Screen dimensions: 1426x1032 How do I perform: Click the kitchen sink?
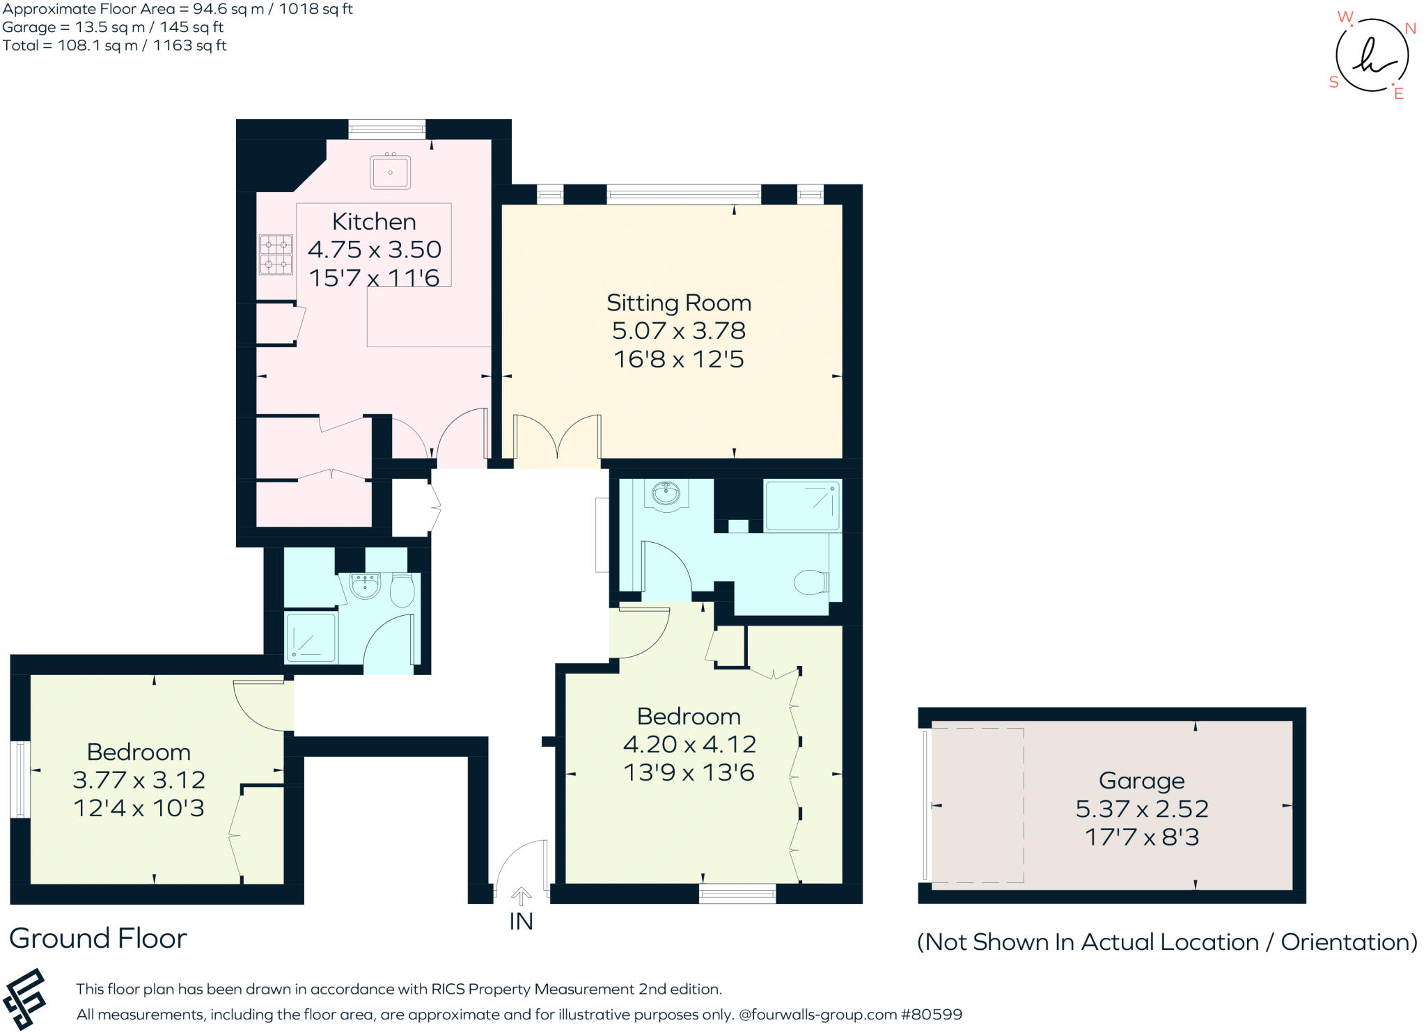pyautogui.click(x=390, y=171)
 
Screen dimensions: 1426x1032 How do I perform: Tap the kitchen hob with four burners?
pyautogui.click(x=276, y=255)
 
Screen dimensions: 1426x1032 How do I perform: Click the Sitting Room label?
pyautogui.click(x=679, y=303)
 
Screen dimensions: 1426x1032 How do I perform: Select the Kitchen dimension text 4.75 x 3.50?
pyautogui.click(x=375, y=249)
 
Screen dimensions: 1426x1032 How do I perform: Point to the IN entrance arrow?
pyautogui.click(x=521, y=896)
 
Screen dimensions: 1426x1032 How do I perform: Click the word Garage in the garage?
pyautogui.click(x=1142, y=781)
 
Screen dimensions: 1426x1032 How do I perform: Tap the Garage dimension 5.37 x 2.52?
pyautogui.click(x=1142, y=809)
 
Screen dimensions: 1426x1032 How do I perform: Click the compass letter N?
pyautogui.click(x=1411, y=29)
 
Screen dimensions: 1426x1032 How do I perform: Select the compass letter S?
pyautogui.click(x=1334, y=82)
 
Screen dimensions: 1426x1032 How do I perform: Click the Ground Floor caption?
pyautogui.click(x=98, y=939)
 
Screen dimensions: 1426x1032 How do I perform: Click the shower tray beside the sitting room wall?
pyautogui.click(x=802, y=505)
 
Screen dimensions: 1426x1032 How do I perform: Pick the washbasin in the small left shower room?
pyautogui.click(x=365, y=586)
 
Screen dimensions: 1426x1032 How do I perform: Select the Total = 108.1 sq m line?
pyautogui.click(x=114, y=46)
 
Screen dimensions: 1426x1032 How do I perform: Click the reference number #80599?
pyautogui.click(x=932, y=1015)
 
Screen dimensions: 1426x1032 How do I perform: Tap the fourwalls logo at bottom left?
pyautogui.click(x=24, y=999)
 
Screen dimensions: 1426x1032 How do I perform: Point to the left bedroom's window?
pyautogui.click(x=20, y=779)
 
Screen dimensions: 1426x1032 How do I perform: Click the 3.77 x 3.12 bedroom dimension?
pyautogui.click(x=139, y=780)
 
